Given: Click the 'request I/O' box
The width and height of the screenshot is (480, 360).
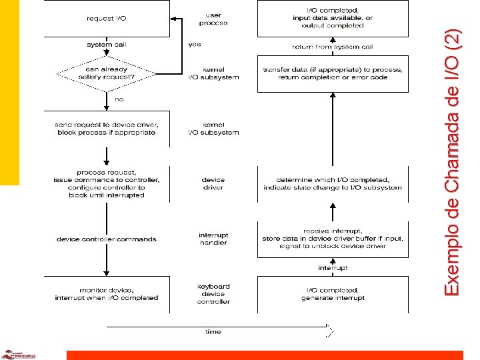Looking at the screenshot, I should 106,19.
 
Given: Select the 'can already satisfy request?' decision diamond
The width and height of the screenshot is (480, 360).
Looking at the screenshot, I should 106,73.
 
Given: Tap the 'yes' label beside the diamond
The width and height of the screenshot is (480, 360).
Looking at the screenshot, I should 195,45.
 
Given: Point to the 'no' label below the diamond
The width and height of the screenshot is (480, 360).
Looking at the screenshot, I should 119,99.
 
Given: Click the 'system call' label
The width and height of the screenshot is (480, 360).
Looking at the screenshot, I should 107,45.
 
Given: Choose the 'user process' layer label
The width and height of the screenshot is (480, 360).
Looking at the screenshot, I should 213,19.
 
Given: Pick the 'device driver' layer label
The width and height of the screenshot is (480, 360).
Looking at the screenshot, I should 213,183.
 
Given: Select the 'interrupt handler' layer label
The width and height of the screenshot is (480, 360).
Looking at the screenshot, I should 213,239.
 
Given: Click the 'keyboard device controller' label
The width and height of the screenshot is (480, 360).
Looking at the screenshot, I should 213,294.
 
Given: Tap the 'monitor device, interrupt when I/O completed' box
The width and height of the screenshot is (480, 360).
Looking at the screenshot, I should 106,294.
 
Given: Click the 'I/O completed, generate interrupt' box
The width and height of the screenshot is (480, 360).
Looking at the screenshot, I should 332,294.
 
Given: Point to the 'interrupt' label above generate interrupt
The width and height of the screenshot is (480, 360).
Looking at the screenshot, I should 332,268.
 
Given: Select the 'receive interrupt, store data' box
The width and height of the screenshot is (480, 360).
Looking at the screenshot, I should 332,239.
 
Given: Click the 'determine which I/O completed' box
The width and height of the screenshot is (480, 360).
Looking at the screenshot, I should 332,183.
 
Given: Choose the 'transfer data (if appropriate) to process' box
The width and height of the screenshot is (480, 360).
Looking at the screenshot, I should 332,73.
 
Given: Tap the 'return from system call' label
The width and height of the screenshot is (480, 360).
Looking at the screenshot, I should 332,47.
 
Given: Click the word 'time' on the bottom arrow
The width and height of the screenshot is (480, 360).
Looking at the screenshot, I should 213,331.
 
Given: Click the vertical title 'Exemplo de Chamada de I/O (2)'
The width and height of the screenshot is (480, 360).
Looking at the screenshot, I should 453,163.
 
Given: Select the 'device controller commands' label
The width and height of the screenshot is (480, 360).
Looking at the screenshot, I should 107,239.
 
